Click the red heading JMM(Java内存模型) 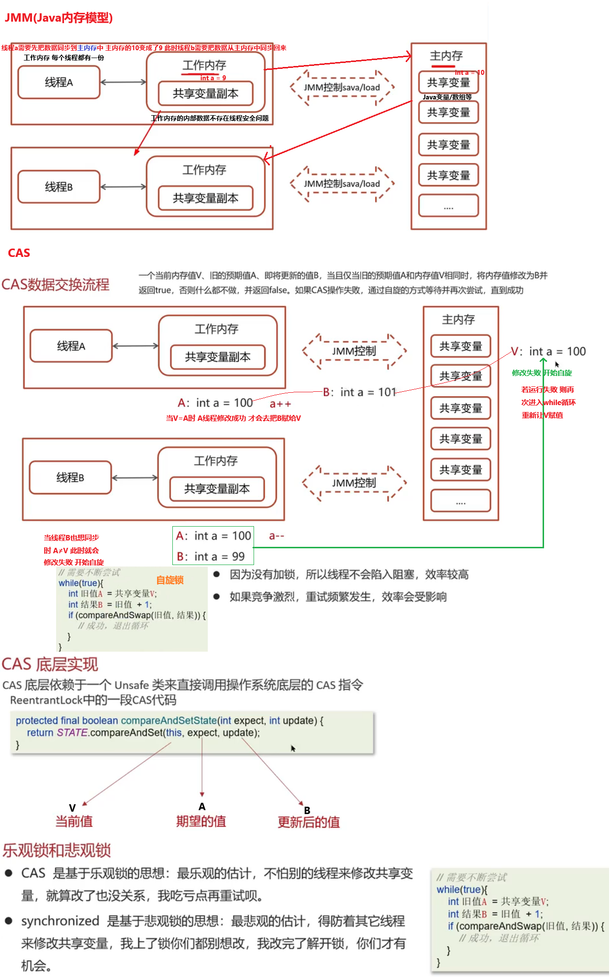pyautogui.click(x=59, y=18)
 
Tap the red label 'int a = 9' pyautogui.click(x=213, y=78)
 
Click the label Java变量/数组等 pyautogui.click(x=447, y=97)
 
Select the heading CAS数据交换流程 pyautogui.click(x=56, y=284)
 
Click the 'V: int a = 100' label pyautogui.click(x=548, y=351)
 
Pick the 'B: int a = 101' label pyautogui.click(x=359, y=392)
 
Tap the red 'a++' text pyautogui.click(x=280, y=404)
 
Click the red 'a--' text pyautogui.click(x=277, y=536)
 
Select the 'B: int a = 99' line pyautogui.click(x=211, y=557)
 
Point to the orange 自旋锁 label pyautogui.click(x=170, y=580)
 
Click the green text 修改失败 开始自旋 pyautogui.click(x=542, y=373)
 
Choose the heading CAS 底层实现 pyautogui.click(x=50, y=664)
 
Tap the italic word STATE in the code pyautogui.click(x=72, y=733)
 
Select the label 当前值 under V pyautogui.click(x=74, y=821)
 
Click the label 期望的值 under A pyautogui.click(x=201, y=821)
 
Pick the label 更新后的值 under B pyautogui.click(x=309, y=822)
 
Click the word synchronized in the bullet pyautogui.click(x=60, y=921)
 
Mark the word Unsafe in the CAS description pyautogui.click(x=131, y=685)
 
